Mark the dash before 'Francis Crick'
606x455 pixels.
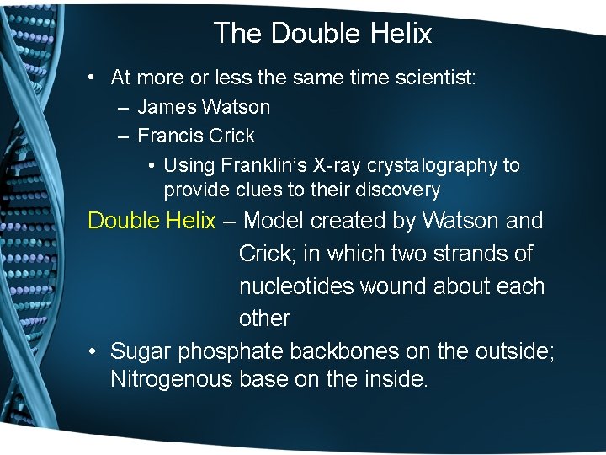click(x=123, y=136)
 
